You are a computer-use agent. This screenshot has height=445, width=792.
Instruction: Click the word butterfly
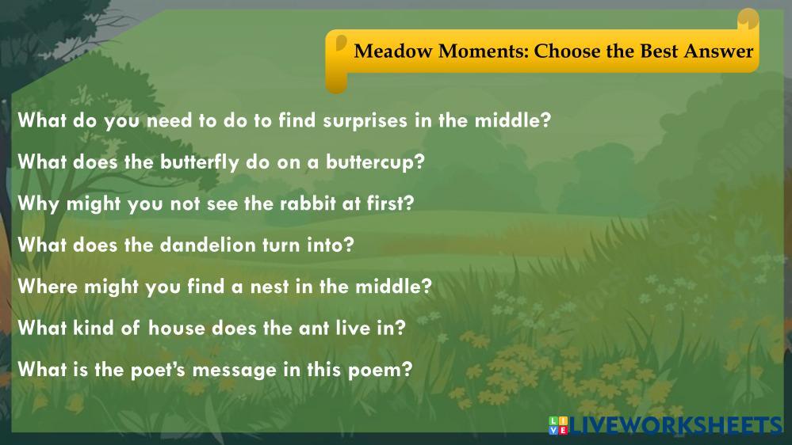tap(200, 162)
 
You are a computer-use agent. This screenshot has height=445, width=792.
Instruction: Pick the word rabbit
tap(308, 203)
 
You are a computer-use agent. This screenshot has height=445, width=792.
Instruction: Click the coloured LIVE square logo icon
tap(558, 425)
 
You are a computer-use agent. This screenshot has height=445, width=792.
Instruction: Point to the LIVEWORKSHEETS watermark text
tap(675, 425)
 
